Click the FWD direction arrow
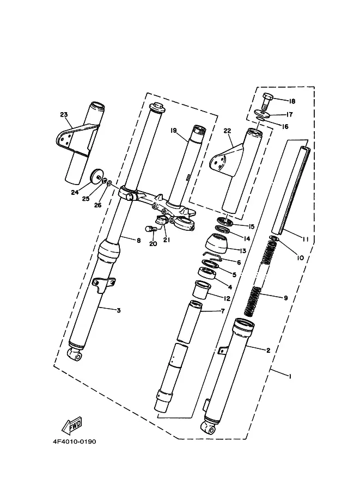point(72,426)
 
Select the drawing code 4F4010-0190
point(74,441)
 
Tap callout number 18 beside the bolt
point(291,101)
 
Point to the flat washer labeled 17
point(263,113)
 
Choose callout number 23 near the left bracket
point(64,114)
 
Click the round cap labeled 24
point(97,176)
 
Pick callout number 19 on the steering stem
point(173,130)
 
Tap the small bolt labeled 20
point(150,228)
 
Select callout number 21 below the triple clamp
point(167,240)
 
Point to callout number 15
point(251,226)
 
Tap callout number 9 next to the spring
point(285,298)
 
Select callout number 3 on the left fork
point(119,310)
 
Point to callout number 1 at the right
point(290,376)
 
